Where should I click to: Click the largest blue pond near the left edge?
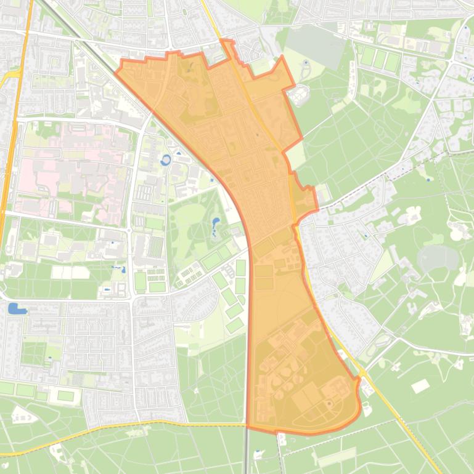(17, 308)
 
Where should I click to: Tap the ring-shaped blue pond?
(165, 161)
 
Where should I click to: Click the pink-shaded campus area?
(68, 166)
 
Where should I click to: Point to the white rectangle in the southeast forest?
(420, 386)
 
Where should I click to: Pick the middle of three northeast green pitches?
(380, 60)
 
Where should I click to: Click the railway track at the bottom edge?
(247, 456)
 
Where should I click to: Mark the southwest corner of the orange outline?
(248, 426)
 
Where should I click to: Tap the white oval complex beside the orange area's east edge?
(300, 95)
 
